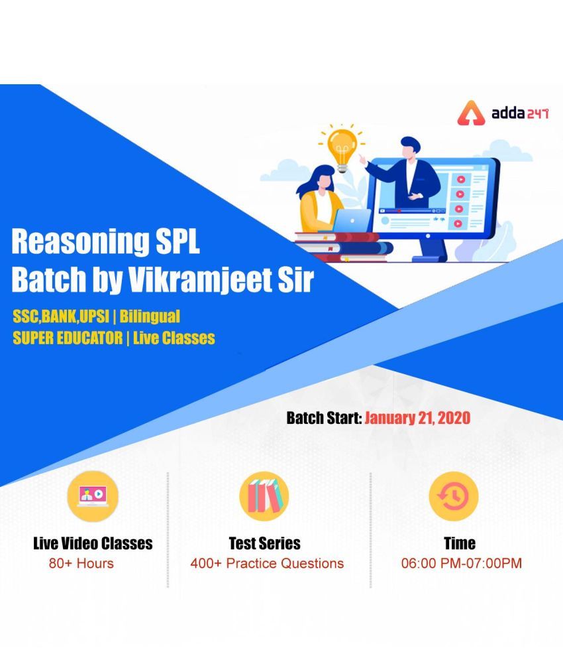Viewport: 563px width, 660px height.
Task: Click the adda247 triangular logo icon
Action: pos(472,113)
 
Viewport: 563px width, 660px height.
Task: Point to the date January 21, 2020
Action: pos(417,418)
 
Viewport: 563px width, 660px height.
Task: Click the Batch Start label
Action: pos(324,418)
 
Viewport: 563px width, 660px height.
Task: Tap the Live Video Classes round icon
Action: pos(93,496)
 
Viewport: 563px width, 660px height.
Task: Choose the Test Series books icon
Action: pos(264,496)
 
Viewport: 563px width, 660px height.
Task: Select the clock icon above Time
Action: pos(454,496)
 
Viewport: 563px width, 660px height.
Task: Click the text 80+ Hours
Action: pos(81,563)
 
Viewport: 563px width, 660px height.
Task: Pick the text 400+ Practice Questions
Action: pos(267,563)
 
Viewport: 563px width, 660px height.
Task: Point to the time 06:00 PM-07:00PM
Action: pos(461,563)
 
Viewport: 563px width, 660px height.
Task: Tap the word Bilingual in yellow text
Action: pos(150,316)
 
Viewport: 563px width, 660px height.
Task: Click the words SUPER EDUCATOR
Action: pos(68,338)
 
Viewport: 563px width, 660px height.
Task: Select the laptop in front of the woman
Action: pos(352,220)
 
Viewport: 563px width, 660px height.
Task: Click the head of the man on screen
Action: pos(409,147)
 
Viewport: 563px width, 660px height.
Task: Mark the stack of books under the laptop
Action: pos(344,247)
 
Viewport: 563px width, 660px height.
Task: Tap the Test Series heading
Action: pos(264,543)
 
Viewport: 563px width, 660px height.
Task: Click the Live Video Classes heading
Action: pos(93,543)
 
